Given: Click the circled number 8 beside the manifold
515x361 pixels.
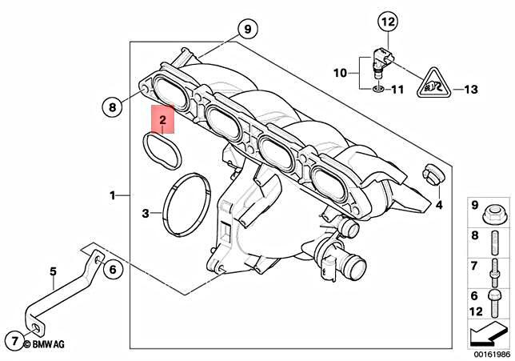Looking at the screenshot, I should (113, 105).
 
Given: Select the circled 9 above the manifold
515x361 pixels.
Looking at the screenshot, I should (247, 29).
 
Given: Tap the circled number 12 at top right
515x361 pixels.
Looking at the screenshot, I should (387, 22).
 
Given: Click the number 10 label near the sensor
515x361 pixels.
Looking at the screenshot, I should (340, 73).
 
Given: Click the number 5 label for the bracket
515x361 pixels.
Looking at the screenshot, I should (53, 271).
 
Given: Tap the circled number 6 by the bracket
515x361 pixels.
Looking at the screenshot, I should (112, 270).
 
